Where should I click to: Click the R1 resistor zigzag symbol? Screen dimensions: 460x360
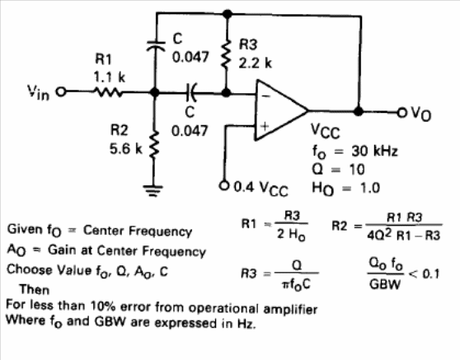[x=108, y=92]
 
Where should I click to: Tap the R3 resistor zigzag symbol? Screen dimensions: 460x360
[x=227, y=54]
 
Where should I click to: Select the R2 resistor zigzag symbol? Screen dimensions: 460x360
[x=153, y=144]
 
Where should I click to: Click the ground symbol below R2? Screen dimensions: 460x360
[x=153, y=191]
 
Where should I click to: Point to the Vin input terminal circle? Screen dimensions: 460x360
[x=61, y=91]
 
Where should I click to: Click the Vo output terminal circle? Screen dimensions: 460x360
[x=401, y=112]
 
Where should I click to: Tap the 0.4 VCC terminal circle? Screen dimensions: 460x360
[x=224, y=185]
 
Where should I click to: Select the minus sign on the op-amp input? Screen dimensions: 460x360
[x=265, y=96]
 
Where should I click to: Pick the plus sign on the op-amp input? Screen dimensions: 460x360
[x=265, y=126]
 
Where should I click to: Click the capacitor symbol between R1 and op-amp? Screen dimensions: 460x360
[x=192, y=92]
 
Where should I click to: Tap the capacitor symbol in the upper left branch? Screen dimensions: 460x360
[x=156, y=45]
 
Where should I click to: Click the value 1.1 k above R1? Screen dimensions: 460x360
[x=110, y=77]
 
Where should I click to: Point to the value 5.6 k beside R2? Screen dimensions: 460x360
[x=126, y=148]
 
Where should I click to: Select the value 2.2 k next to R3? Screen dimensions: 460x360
[x=256, y=63]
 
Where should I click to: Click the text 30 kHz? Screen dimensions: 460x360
[x=374, y=151]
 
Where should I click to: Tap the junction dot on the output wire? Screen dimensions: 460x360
[x=358, y=111]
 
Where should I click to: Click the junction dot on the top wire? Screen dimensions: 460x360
[x=227, y=14]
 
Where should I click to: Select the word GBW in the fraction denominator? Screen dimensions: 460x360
[x=385, y=283]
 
